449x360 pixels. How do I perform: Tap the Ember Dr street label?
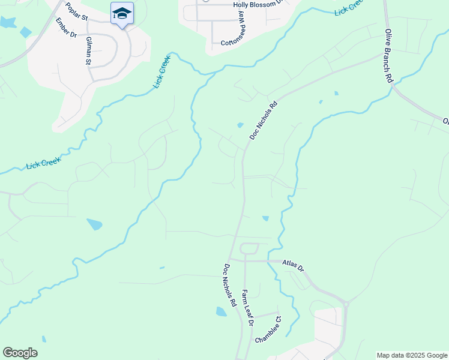point(67,28)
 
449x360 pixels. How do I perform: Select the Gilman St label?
point(88,50)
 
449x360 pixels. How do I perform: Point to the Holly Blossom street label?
point(256,4)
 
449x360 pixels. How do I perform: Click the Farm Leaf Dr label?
point(247,308)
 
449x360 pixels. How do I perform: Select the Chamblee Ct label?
point(268,331)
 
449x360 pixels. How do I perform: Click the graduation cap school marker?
point(122,13)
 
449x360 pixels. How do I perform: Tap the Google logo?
point(20,353)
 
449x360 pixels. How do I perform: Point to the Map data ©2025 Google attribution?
point(412,355)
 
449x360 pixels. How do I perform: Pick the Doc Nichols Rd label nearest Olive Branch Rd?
point(264,121)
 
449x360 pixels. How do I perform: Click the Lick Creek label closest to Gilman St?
point(161,72)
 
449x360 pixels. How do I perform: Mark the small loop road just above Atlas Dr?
point(249,248)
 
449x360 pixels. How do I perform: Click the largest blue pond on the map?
point(94,224)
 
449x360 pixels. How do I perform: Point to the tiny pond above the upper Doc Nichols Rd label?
point(240,125)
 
